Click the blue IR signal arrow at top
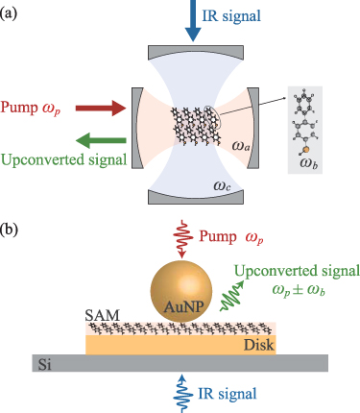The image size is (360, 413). pyautogui.click(x=193, y=20)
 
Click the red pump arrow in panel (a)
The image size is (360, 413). pyautogui.click(x=101, y=108)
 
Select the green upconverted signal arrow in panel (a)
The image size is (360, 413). pyautogui.click(x=101, y=140)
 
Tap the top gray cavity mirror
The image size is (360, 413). pyautogui.click(x=196, y=52)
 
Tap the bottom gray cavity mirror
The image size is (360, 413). pyautogui.click(x=196, y=198)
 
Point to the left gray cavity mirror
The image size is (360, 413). pyautogui.click(x=137, y=128)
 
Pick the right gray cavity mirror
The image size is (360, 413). pyautogui.click(x=253, y=128)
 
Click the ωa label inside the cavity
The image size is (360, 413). pyautogui.click(x=241, y=146)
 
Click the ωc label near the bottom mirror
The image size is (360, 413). pyautogui.click(x=222, y=185)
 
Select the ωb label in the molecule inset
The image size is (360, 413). pyautogui.click(x=309, y=163)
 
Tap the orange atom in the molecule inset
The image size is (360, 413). pyautogui.click(x=306, y=149)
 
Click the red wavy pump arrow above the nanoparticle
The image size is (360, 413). pyautogui.click(x=182, y=239)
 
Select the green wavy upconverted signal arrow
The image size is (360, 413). pyautogui.click(x=232, y=296)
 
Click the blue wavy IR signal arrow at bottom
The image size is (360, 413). pyautogui.click(x=182, y=393)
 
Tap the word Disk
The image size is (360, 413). pyautogui.click(x=259, y=345)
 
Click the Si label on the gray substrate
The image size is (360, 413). pyautogui.click(x=44, y=364)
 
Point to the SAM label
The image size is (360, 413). pyautogui.click(x=102, y=315)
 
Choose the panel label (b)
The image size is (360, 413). pyautogui.click(x=9, y=230)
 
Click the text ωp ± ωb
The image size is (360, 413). pyautogui.click(x=299, y=291)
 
